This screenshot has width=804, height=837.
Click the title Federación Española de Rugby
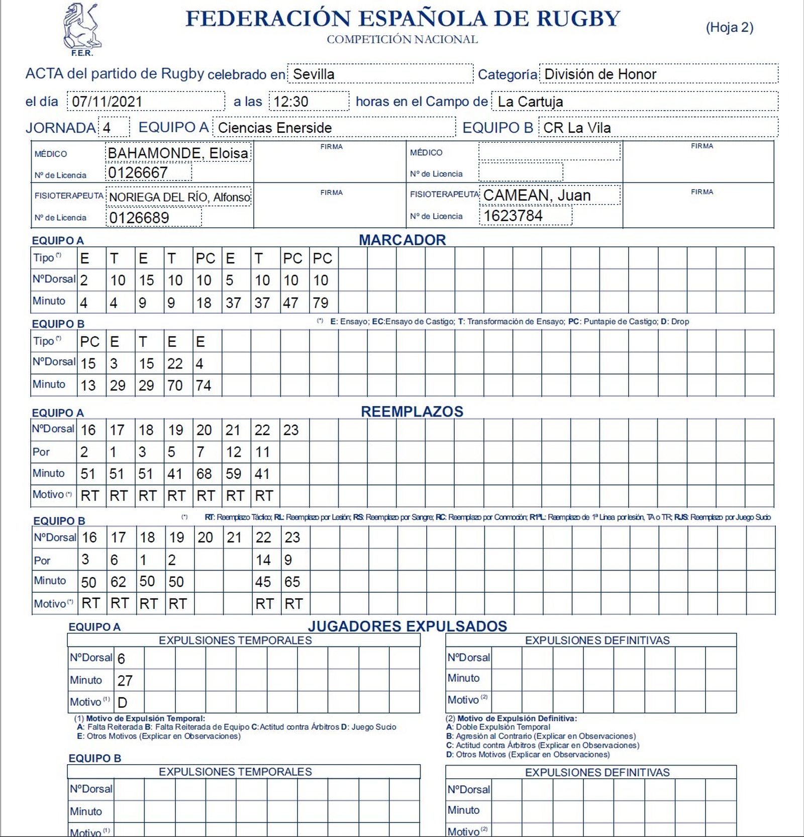coord(403,19)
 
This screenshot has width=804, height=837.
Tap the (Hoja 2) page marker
coord(729,27)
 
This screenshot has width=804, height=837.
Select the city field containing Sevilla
coord(380,74)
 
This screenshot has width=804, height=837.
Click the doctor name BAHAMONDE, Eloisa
coord(178,153)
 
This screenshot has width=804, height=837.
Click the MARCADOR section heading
coord(402,240)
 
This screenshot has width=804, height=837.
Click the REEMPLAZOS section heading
coord(412,411)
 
